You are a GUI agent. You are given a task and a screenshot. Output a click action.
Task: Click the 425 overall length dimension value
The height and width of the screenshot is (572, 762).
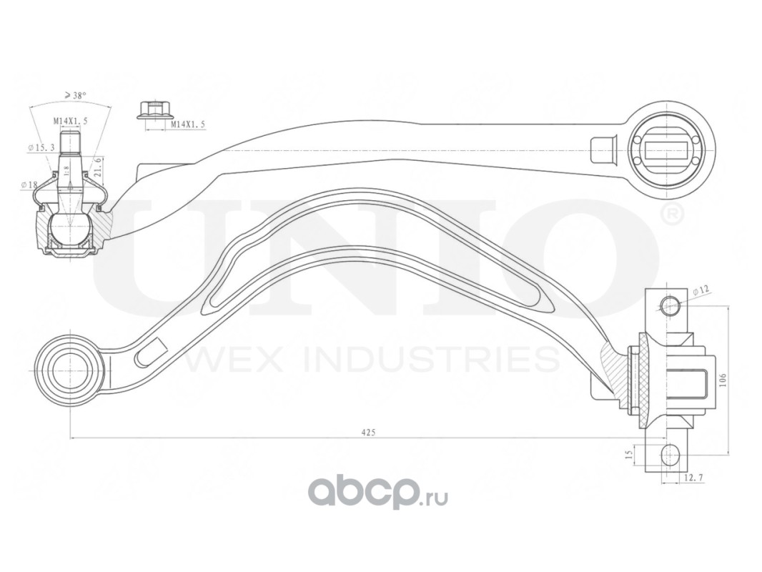[368, 432]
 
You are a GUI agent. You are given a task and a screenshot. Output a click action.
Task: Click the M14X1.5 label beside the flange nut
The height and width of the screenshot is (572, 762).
[188, 125]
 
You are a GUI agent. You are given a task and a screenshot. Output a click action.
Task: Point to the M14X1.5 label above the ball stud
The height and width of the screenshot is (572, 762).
[70, 122]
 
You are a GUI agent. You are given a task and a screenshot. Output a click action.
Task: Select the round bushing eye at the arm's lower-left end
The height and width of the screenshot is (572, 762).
[67, 365]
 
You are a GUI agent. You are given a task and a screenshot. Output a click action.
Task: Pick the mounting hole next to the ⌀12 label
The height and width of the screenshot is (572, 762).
[670, 305]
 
